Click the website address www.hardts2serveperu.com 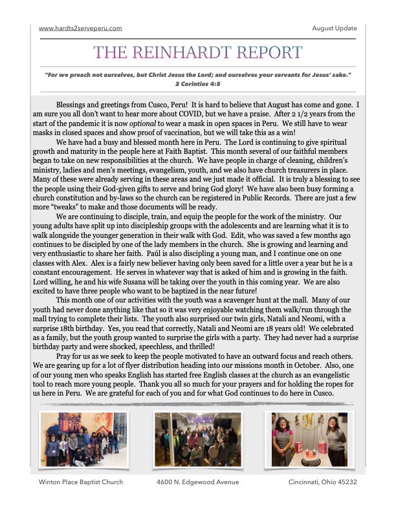tap(80, 28)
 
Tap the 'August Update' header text tap(334, 28)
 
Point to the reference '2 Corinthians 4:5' tap(197, 83)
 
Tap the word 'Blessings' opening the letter tap(71, 105)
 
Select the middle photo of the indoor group tap(197, 440)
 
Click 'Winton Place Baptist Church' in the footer tap(81, 482)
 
